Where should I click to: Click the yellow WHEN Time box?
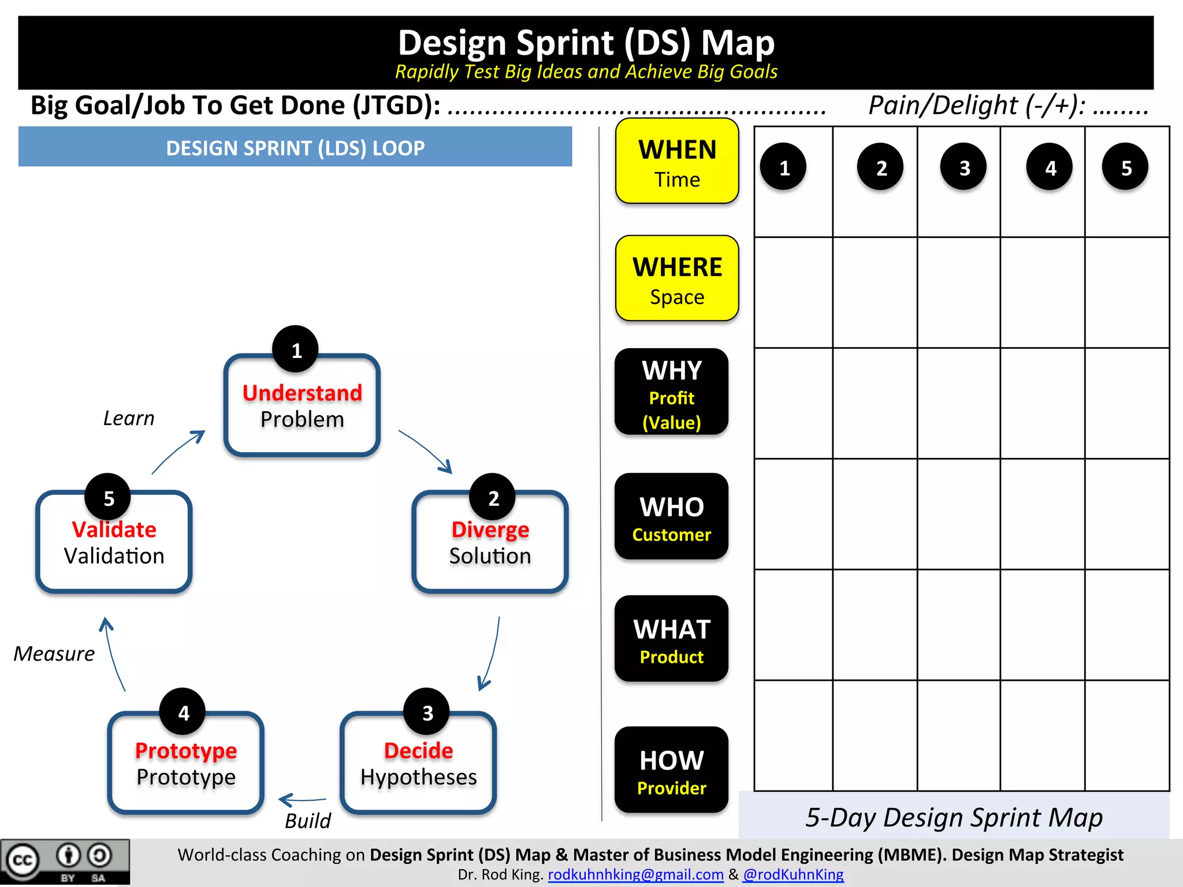click(677, 161)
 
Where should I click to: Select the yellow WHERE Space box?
click(677, 278)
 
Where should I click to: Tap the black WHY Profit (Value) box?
click(671, 392)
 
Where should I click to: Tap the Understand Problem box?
click(302, 407)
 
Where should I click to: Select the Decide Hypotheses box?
click(418, 763)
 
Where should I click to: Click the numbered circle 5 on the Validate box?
click(108, 497)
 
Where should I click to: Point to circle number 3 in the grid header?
click(963, 167)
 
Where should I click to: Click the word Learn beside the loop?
click(129, 418)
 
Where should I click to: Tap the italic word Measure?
click(54, 654)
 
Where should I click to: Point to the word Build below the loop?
click(308, 821)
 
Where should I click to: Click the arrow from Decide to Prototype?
click(302, 800)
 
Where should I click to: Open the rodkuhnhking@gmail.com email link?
click(635, 874)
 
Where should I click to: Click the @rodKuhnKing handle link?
click(793, 874)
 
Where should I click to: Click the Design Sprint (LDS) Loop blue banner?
click(295, 148)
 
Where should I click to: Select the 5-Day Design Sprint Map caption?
click(954, 818)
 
